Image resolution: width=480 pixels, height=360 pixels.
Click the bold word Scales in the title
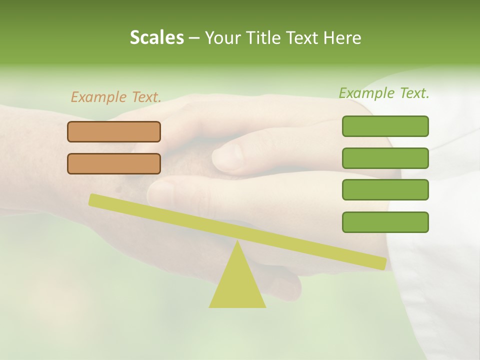click(x=156, y=38)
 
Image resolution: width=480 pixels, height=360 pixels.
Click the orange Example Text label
click(x=116, y=97)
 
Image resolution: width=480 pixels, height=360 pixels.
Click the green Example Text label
click(x=384, y=93)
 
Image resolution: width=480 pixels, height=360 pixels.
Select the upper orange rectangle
click(x=114, y=131)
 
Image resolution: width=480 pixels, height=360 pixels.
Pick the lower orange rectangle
click(x=114, y=163)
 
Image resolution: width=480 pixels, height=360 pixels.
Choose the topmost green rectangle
click(x=385, y=126)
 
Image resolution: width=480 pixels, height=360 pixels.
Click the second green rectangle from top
click(x=385, y=158)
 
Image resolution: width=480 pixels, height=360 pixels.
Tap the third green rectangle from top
click(x=385, y=190)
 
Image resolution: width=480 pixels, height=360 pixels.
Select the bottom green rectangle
click(x=385, y=222)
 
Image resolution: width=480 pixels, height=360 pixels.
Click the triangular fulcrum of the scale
click(x=237, y=285)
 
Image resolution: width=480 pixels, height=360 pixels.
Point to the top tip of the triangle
click(x=237, y=242)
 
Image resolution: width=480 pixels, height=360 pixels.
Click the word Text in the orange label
click(x=145, y=97)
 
